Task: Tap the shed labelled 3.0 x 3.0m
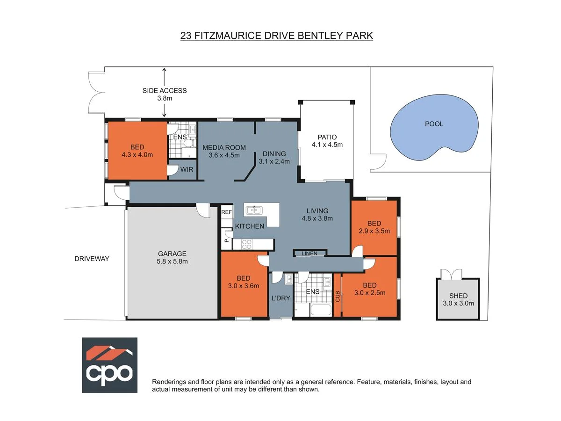458,299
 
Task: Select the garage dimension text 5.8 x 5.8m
173,261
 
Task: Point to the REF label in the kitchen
227,212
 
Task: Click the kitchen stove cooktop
246,244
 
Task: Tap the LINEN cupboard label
309,254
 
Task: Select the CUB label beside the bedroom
337,296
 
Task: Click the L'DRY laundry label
280,298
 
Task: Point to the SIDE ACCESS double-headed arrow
164,92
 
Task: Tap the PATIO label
327,137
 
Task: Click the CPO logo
110,365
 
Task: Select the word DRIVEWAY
92,258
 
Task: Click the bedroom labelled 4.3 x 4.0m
137,151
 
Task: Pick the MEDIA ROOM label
224,147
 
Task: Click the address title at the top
277,36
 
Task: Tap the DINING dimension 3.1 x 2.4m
274,161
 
